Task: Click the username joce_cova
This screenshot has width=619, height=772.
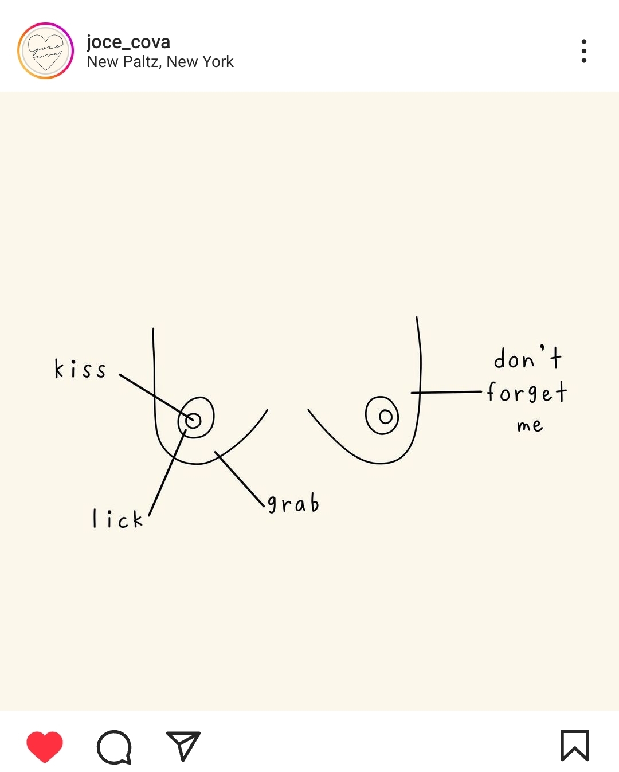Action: pos(128,42)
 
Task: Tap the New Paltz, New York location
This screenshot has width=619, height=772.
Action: pos(160,61)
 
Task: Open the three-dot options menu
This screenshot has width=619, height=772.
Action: pos(583,51)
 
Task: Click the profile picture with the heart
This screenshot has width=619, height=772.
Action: pos(46,50)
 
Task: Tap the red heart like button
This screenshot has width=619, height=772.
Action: pos(45,746)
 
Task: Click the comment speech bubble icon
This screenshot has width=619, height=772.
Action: pos(114,747)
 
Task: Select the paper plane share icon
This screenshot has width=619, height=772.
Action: pos(183,746)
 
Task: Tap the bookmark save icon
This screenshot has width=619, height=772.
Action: pos(574,746)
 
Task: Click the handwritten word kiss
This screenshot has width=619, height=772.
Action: pos(80,369)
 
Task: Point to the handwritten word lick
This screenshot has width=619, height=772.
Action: pos(117,519)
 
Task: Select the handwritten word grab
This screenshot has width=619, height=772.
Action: pos(293,504)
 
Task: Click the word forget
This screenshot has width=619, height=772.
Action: pos(527,393)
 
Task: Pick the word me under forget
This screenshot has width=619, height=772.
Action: pos(530,425)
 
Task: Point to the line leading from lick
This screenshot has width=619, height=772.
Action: pos(166,476)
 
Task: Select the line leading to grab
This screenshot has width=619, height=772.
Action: pos(240,480)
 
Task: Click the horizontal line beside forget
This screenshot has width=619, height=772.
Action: pos(447,392)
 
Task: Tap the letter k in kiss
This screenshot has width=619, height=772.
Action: pos(59,369)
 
